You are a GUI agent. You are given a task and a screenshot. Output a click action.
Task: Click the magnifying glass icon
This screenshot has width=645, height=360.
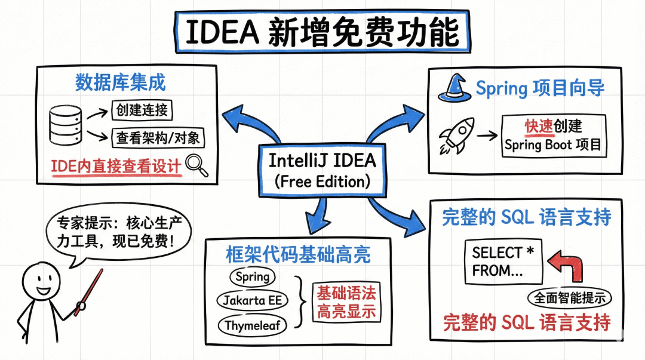click(196, 165)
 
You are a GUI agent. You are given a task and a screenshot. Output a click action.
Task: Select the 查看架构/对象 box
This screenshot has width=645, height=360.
click(158, 138)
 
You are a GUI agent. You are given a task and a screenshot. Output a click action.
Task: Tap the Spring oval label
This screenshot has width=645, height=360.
click(252, 277)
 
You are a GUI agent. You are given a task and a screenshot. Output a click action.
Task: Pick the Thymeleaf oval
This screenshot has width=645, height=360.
click(252, 326)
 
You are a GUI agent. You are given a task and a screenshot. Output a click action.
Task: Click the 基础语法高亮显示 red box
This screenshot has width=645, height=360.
click(346, 302)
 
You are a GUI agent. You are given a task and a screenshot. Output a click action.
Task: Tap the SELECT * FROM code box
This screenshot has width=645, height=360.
click(503, 261)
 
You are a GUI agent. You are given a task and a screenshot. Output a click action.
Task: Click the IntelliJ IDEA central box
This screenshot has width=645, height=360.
click(322, 170)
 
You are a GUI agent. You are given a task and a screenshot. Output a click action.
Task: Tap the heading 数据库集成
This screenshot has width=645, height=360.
click(120, 82)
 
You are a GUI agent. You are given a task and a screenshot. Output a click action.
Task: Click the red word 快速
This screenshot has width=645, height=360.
click(537, 126)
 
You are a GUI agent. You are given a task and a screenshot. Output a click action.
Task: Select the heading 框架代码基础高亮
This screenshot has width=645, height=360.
click(299, 254)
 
